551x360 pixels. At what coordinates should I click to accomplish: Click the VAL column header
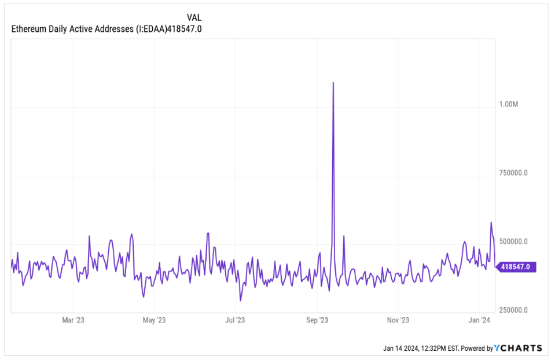pos(194,17)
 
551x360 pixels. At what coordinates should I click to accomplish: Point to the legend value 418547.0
pos(183,29)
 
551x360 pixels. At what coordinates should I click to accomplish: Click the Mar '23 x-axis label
pos(73,319)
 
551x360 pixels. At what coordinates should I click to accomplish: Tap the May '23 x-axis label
pos(154,319)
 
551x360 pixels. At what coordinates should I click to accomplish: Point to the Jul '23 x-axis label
pos(235,319)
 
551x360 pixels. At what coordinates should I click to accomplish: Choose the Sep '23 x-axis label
pos(317,319)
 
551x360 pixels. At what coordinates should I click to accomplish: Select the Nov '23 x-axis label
pos(398,319)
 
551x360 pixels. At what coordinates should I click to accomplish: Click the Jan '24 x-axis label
pos(479,319)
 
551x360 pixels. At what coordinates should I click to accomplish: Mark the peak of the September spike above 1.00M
pos(333,83)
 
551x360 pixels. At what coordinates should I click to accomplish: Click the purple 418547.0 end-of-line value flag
pos(516,267)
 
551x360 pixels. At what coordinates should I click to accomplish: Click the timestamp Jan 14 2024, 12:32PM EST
pos(421,348)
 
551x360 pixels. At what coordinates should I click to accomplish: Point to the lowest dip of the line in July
pos(240,300)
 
